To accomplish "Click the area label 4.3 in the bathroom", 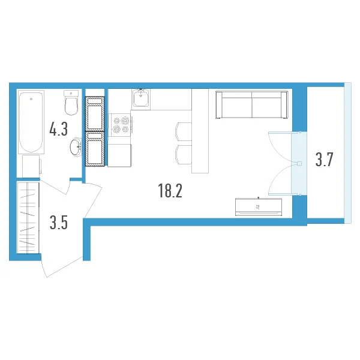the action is (x=59, y=129).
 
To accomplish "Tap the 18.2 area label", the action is (x=170, y=191).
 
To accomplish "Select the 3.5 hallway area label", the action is (x=59, y=223).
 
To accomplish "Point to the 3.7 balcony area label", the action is (x=324, y=160).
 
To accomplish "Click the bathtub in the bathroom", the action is (x=31, y=122).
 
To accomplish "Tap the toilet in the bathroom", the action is (x=71, y=103).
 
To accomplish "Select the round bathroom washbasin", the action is (x=76, y=147).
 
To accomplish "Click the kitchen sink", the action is (x=141, y=99).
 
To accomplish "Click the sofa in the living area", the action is (x=251, y=104).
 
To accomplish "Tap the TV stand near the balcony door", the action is (x=259, y=207).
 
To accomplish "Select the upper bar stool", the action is (x=184, y=131).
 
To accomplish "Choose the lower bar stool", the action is (x=184, y=154).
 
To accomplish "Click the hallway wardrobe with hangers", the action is (x=28, y=218).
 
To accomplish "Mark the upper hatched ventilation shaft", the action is (x=95, y=114).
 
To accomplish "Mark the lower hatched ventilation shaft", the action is (x=95, y=149).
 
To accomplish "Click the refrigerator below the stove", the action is (x=119, y=155).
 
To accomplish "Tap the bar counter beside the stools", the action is (x=200, y=131).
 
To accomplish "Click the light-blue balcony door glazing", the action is (x=299, y=163).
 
